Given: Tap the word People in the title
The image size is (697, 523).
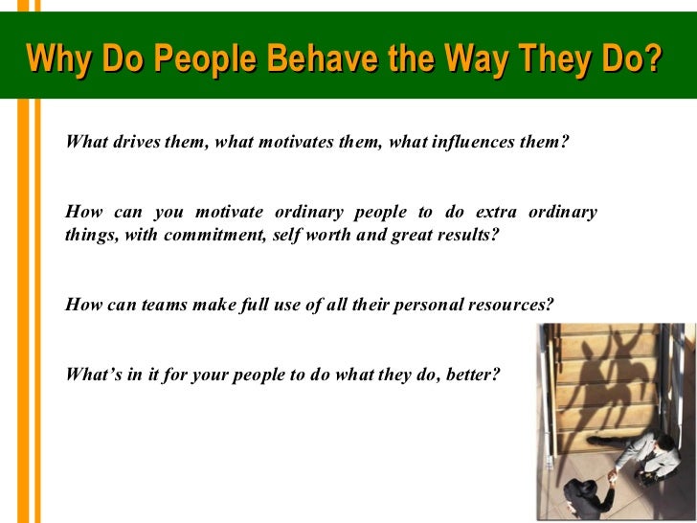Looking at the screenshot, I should pyautogui.click(x=204, y=60).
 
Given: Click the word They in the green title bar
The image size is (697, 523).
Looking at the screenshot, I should pyautogui.click(x=550, y=60).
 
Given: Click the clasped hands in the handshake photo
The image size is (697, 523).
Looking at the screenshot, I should pyautogui.click(x=611, y=476).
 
